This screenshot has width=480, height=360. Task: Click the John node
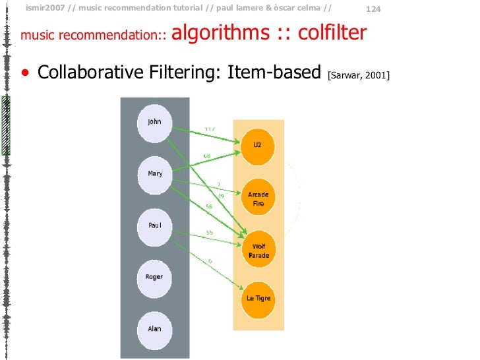(x=154, y=123)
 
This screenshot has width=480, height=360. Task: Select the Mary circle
(x=154, y=174)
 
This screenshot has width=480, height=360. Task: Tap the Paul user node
(x=154, y=225)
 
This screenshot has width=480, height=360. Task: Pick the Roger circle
(x=154, y=277)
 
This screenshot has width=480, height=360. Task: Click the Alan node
(x=154, y=328)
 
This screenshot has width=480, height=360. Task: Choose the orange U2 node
(x=258, y=145)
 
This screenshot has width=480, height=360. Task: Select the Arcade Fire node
(x=258, y=198)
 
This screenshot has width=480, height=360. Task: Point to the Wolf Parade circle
(x=258, y=249)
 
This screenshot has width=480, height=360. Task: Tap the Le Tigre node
(x=258, y=299)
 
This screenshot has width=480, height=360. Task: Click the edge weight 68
(x=206, y=156)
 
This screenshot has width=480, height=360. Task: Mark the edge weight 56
(x=208, y=207)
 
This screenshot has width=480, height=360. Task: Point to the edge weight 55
(x=209, y=233)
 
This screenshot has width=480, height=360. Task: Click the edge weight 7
(x=218, y=184)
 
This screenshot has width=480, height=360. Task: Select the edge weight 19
(x=221, y=196)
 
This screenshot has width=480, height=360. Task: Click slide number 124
(x=373, y=9)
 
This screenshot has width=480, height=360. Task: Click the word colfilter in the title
(x=332, y=32)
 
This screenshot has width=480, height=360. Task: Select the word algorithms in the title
(x=219, y=32)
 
